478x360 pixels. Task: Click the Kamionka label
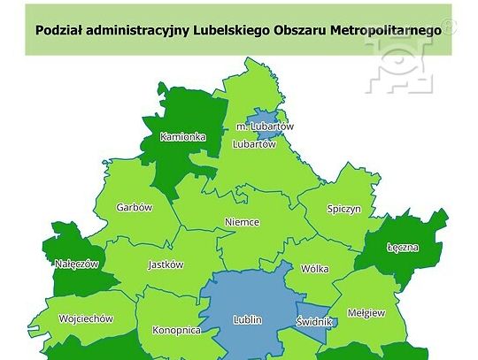[182, 137]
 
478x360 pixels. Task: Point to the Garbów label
[135, 208]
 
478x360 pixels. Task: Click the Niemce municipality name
[242, 222]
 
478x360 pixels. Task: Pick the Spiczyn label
[343, 210]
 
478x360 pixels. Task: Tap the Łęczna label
[403, 248]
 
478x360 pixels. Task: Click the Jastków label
[165, 264]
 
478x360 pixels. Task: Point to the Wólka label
[314, 269]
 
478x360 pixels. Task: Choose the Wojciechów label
[85, 318]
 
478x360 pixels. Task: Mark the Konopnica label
[176, 330]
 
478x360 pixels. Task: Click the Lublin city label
[247, 320]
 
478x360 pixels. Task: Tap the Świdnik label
[314, 322]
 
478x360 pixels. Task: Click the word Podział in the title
[58, 29]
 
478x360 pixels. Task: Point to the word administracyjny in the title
[138, 29]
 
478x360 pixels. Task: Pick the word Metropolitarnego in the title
[383, 29]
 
